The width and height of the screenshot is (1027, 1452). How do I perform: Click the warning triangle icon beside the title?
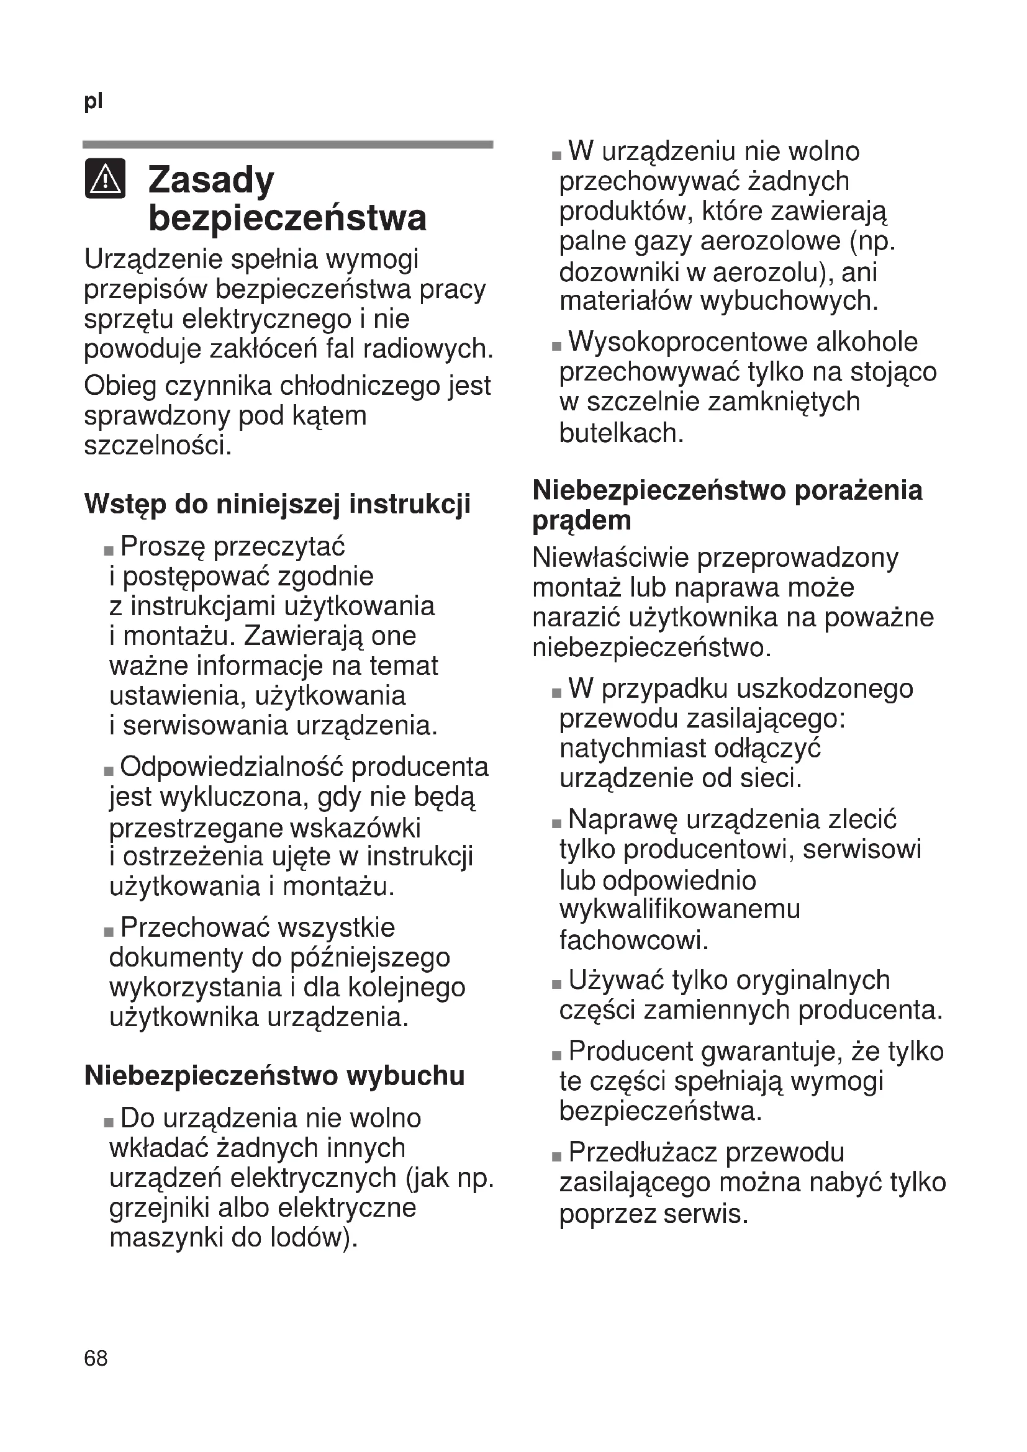pyautogui.click(x=105, y=179)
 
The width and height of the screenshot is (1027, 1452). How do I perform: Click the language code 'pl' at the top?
pyautogui.click(x=93, y=101)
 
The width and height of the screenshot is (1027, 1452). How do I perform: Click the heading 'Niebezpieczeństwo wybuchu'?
pyautogui.click(x=274, y=1076)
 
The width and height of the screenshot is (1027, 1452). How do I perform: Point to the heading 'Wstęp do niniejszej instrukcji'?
pyautogui.click(x=277, y=504)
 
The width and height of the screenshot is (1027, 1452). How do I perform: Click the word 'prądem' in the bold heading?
pyautogui.click(x=582, y=521)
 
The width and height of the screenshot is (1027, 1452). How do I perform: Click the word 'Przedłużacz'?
pyautogui.click(x=642, y=1152)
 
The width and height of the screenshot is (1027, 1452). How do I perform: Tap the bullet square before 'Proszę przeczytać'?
pyautogui.click(x=109, y=551)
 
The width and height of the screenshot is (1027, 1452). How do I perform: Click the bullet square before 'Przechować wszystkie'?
pyautogui.click(x=109, y=932)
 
